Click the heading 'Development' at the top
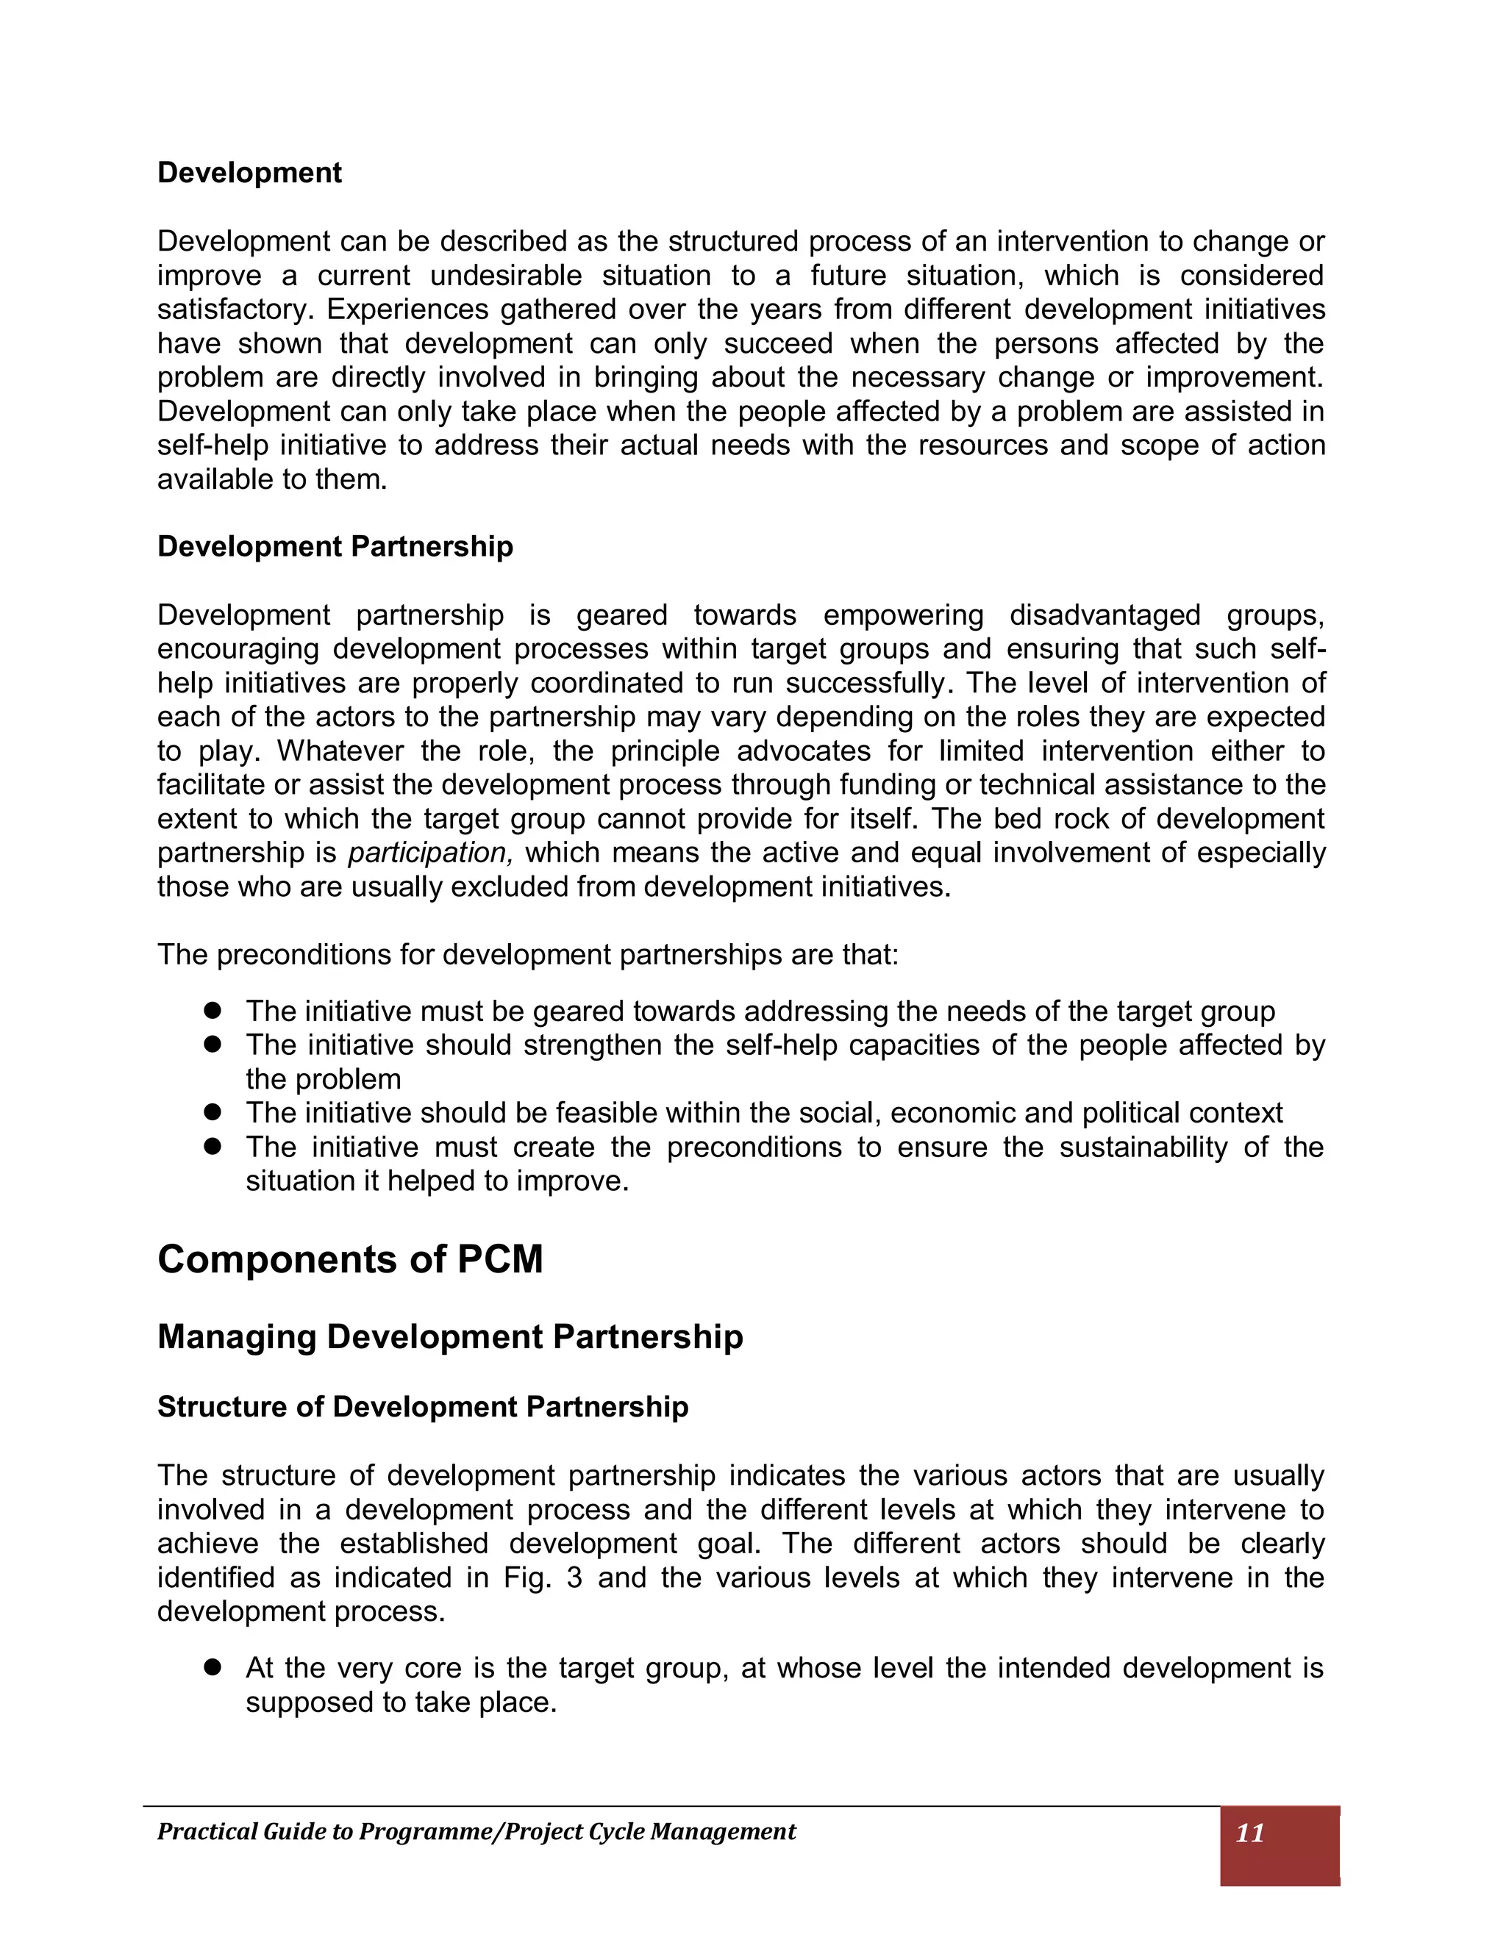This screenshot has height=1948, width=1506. click(249, 173)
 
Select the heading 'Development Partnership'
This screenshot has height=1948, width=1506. click(335, 547)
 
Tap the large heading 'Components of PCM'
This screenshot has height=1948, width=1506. click(350, 1259)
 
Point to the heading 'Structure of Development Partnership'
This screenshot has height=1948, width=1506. click(422, 1406)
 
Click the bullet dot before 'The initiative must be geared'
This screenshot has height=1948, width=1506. click(212, 1011)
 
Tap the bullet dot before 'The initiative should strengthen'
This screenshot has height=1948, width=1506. click(212, 1045)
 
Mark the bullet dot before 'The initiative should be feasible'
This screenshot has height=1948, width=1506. click(212, 1112)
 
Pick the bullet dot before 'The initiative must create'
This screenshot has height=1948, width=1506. click(212, 1146)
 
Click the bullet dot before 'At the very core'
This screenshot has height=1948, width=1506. click(212, 1667)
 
